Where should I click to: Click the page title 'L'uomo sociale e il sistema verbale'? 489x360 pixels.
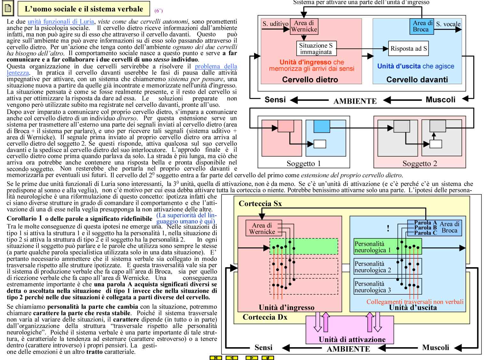84,9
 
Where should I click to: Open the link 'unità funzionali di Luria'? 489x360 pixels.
61,22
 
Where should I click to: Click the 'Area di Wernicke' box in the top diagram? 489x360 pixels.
304,27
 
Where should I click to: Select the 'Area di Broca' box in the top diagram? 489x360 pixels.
421,27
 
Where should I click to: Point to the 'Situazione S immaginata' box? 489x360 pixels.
316,49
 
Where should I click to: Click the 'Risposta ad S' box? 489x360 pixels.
408,48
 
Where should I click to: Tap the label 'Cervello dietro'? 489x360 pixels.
310,79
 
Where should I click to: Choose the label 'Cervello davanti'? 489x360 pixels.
417,79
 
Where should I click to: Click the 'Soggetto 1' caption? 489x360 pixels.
303,164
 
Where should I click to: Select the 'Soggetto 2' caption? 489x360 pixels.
420,164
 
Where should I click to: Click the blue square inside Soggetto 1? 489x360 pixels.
322,126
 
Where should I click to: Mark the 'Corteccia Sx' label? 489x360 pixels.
260,204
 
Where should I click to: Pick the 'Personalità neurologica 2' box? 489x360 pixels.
388,267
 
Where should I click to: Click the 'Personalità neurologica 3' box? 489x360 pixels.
388,286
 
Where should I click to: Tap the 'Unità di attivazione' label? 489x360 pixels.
352,340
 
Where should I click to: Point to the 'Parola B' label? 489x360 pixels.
425,228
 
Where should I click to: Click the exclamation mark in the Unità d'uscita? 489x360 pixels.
388,228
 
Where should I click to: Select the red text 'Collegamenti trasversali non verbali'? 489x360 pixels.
415,302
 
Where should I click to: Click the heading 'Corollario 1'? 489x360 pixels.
24,219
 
